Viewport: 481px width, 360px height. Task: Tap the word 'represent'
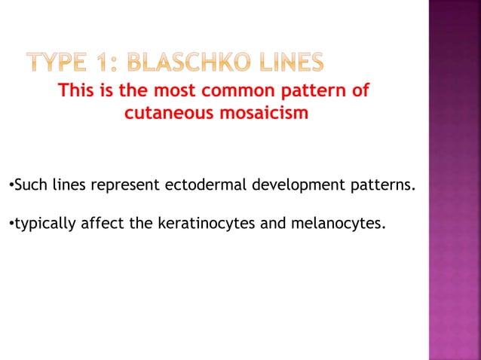pos(125,184)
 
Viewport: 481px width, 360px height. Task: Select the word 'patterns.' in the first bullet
pos(381,184)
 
